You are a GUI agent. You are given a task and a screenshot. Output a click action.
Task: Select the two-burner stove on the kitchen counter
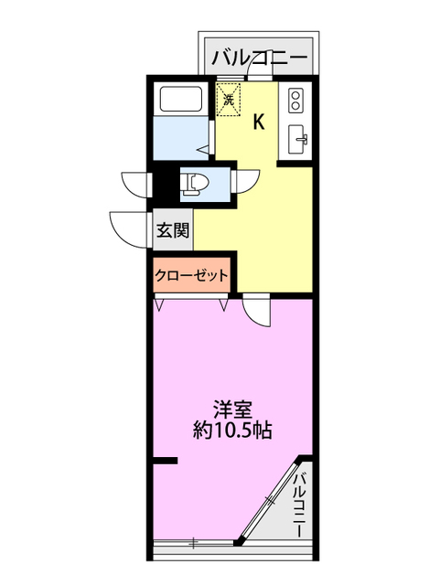[296, 99]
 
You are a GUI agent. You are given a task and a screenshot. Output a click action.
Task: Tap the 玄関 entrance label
[172, 229]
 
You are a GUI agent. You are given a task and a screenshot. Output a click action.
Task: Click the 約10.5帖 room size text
[233, 430]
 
